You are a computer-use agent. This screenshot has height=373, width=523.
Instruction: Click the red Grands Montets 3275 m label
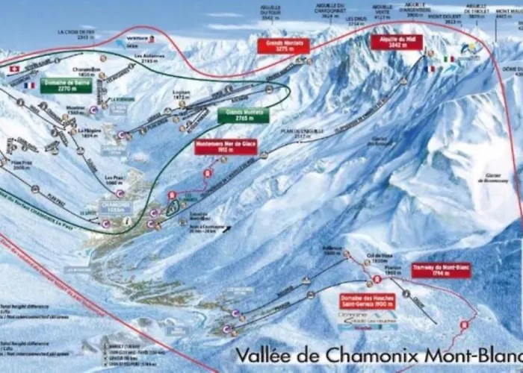(283, 46)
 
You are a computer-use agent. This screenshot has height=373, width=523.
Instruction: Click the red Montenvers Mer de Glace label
(226, 146)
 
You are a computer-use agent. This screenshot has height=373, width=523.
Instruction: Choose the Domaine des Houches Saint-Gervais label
(365, 300)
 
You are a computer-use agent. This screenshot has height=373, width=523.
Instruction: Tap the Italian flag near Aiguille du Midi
(449, 58)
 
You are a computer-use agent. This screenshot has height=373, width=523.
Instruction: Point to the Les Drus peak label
(356, 20)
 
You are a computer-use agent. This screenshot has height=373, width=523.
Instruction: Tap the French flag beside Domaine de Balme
(29, 86)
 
